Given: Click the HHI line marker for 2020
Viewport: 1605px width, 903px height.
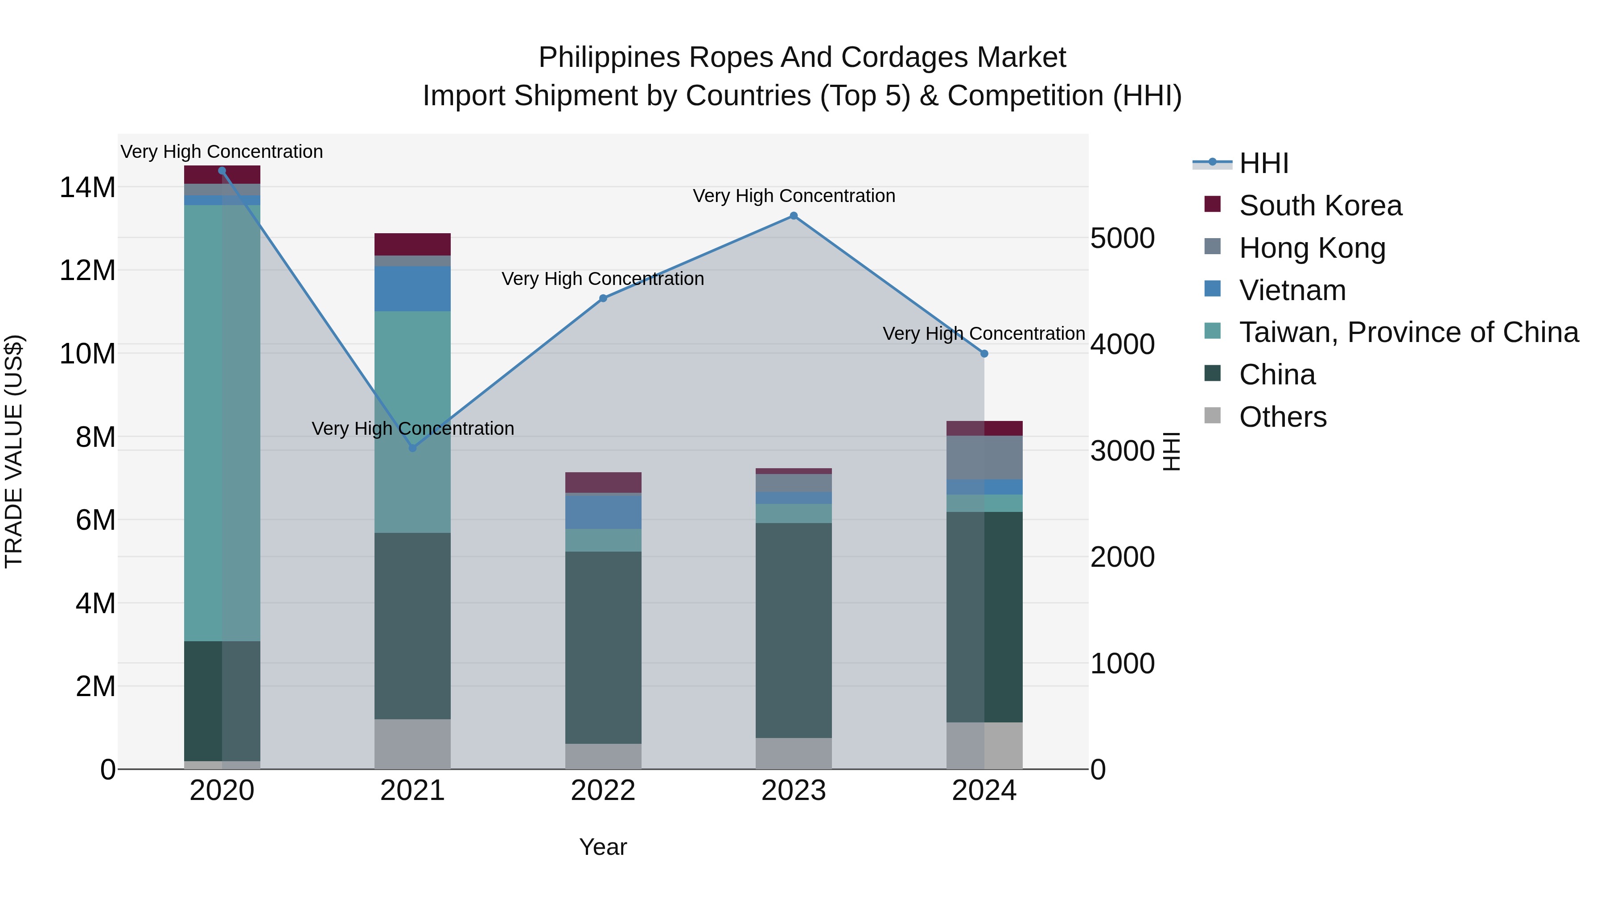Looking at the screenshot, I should [x=222, y=171].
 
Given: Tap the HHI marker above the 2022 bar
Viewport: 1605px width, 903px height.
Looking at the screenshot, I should [x=603, y=298].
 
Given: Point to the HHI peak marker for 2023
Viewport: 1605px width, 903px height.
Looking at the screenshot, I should [x=794, y=216].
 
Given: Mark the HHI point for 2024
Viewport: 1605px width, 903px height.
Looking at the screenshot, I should [x=984, y=353].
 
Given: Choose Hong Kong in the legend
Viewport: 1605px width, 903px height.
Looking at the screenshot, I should [x=1312, y=248].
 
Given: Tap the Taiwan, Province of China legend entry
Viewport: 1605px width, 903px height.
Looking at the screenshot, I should [x=1408, y=332].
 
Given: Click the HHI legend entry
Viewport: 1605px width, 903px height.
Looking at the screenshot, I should [x=1263, y=163].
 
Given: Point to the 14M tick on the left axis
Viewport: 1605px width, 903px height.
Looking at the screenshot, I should [x=87, y=187].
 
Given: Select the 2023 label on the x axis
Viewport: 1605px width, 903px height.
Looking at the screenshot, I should [x=794, y=791].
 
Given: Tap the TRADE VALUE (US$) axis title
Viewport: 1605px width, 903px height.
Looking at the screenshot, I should [x=14, y=451].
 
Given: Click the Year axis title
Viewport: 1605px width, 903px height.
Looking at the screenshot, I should [x=603, y=847].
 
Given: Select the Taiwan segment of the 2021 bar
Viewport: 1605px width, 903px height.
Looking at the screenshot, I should [x=412, y=422].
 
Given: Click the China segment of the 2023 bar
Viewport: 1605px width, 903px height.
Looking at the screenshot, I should [x=794, y=630].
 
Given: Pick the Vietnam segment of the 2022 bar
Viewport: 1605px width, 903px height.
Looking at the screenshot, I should [x=603, y=511].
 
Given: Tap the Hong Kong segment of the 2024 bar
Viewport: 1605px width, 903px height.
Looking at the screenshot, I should [x=984, y=458].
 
